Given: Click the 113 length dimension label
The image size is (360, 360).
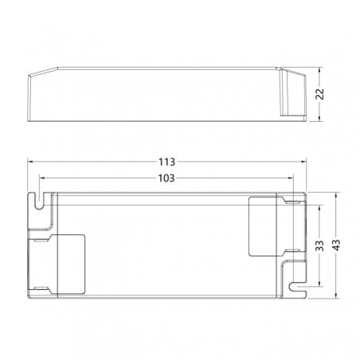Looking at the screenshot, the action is coord(166,162).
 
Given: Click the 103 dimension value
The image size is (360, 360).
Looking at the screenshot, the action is coord(166,178).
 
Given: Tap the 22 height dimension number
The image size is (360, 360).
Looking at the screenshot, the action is coord(320,94).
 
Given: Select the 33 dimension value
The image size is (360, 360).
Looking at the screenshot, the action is coord(319,245).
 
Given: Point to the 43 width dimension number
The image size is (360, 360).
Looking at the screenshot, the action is coord(336,245).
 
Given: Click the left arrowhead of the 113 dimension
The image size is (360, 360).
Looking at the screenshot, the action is coord(30,162).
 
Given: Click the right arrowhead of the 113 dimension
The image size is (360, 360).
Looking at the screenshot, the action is coord(303,162).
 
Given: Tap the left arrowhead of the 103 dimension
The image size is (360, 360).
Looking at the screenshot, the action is coord(42,178).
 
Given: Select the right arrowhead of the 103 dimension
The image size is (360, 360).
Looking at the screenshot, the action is coord(291,178).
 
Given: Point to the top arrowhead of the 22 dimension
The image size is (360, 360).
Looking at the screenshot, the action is coord(319,70).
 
